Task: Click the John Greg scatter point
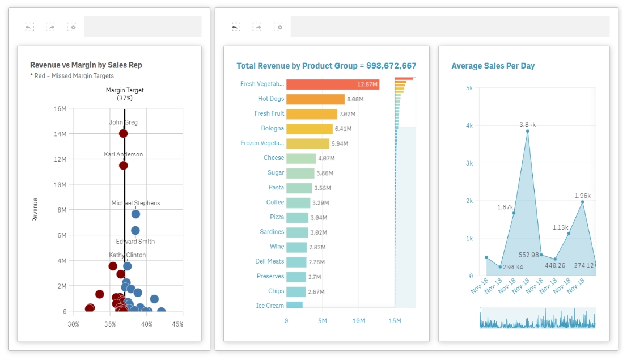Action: click(123, 133)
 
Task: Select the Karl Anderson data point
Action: click(123, 165)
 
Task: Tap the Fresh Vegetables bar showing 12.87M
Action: click(332, 84)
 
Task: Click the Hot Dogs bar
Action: click(315, 99)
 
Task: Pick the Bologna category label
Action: click(273, 129)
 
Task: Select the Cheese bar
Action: click(301, 159)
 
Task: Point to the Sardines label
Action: click(272, 232)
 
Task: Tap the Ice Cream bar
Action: click(294, 306)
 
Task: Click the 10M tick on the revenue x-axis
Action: click(359, 321)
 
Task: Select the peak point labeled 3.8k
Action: click(527, 131)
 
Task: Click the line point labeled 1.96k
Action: click(582, 202)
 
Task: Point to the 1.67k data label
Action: click(505, 207)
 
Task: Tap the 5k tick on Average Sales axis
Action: click(469, 88)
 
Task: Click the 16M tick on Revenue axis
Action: click(60, 109)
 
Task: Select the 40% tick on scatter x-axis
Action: click(146, 324)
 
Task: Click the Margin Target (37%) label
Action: click(125, 94)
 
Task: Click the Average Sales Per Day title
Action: click(493, 66)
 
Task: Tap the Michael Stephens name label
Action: click(135, 203)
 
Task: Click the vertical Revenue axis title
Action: click(35, 209)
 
